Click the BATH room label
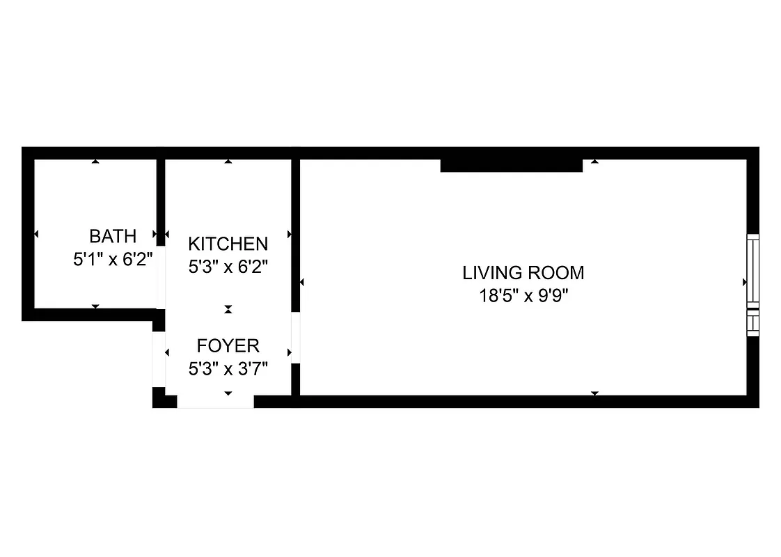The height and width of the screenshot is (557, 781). [113, 235]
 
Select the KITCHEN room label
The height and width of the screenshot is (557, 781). [228, 244]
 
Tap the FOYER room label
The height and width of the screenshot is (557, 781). [228, 345]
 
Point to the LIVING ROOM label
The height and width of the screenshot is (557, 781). [523, 272]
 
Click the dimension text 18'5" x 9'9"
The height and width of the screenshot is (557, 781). [523, 295]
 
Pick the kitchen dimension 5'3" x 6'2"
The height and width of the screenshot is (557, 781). [228, 266]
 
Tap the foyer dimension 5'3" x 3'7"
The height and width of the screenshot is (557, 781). [228, 368]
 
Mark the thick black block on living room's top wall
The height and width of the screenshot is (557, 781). [511, 165]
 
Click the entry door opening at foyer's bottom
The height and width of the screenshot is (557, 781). [215, 401]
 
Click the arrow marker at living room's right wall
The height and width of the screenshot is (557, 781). [745, 282]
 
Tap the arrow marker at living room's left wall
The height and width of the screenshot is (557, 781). [302, 282]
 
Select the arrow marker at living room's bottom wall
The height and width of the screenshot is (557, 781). [594, 393]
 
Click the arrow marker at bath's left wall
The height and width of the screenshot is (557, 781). [35, 234]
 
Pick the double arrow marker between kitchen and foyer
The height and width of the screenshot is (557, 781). [228, 309]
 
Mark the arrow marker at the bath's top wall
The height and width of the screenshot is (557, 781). [95, 162]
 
